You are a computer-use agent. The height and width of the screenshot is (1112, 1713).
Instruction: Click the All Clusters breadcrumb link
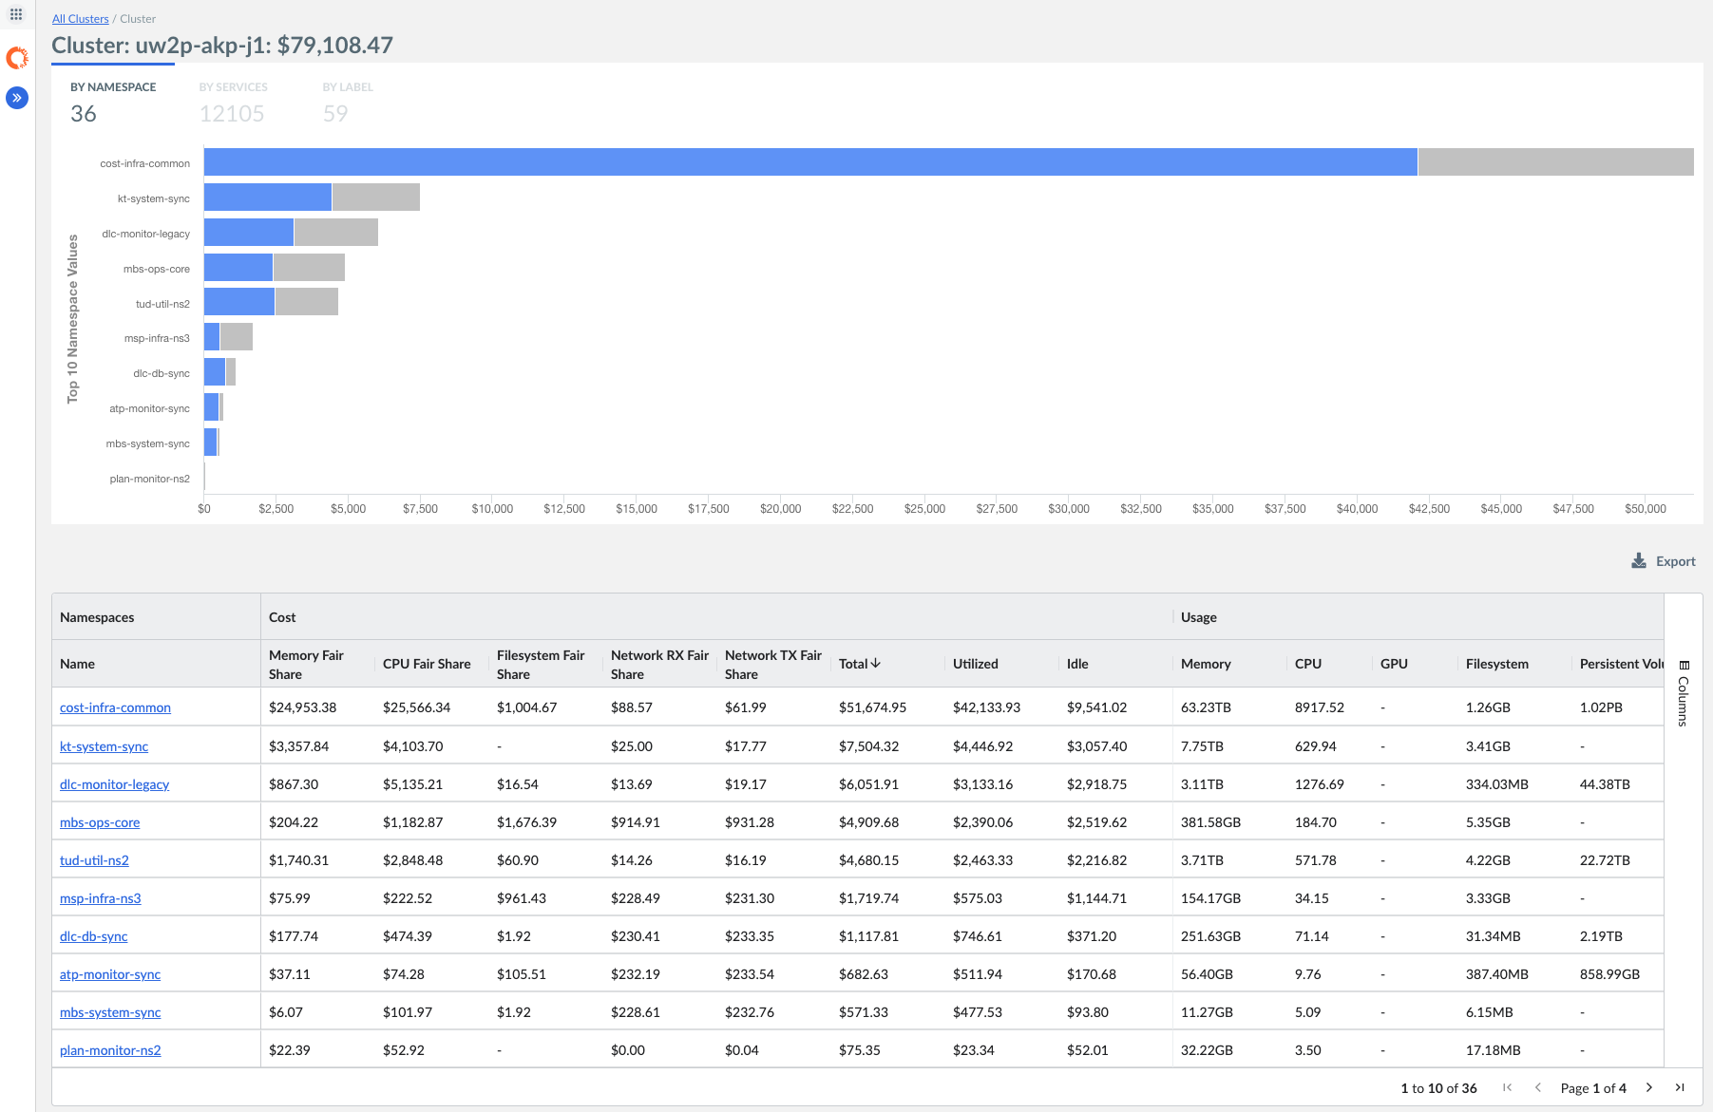point(80,19)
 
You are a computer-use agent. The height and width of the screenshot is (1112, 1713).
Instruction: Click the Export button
point(1664,561)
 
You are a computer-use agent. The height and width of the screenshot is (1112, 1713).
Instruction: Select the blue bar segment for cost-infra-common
point(809,162)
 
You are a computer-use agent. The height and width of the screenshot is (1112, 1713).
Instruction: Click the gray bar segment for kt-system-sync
point(375,198)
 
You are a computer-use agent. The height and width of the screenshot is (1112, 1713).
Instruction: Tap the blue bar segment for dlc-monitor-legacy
point(249,233)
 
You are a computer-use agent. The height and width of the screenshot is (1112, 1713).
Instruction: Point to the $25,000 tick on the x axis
point(924,509)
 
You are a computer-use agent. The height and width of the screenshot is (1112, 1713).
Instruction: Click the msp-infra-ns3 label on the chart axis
point(157,339)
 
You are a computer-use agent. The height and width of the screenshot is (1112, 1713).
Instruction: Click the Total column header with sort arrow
point(860,664)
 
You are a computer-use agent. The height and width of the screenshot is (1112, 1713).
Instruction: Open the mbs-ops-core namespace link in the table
point(100,822)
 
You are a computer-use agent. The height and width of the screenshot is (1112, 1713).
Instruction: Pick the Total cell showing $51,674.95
point(872,707)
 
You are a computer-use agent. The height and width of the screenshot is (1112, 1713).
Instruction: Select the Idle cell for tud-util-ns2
point(1096,860)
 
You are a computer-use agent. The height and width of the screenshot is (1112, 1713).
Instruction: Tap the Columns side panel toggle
point(1684,693)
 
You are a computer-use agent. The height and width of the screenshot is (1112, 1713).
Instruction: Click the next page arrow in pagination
point(1649,1087)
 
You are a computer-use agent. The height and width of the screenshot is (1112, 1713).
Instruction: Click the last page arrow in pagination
point(1680,1087)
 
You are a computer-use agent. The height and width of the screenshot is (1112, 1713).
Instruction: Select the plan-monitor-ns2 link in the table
point(110,1050)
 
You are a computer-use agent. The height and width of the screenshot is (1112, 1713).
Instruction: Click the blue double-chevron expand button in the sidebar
point(17,98)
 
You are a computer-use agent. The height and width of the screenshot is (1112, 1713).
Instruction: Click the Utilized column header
point(975,664)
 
